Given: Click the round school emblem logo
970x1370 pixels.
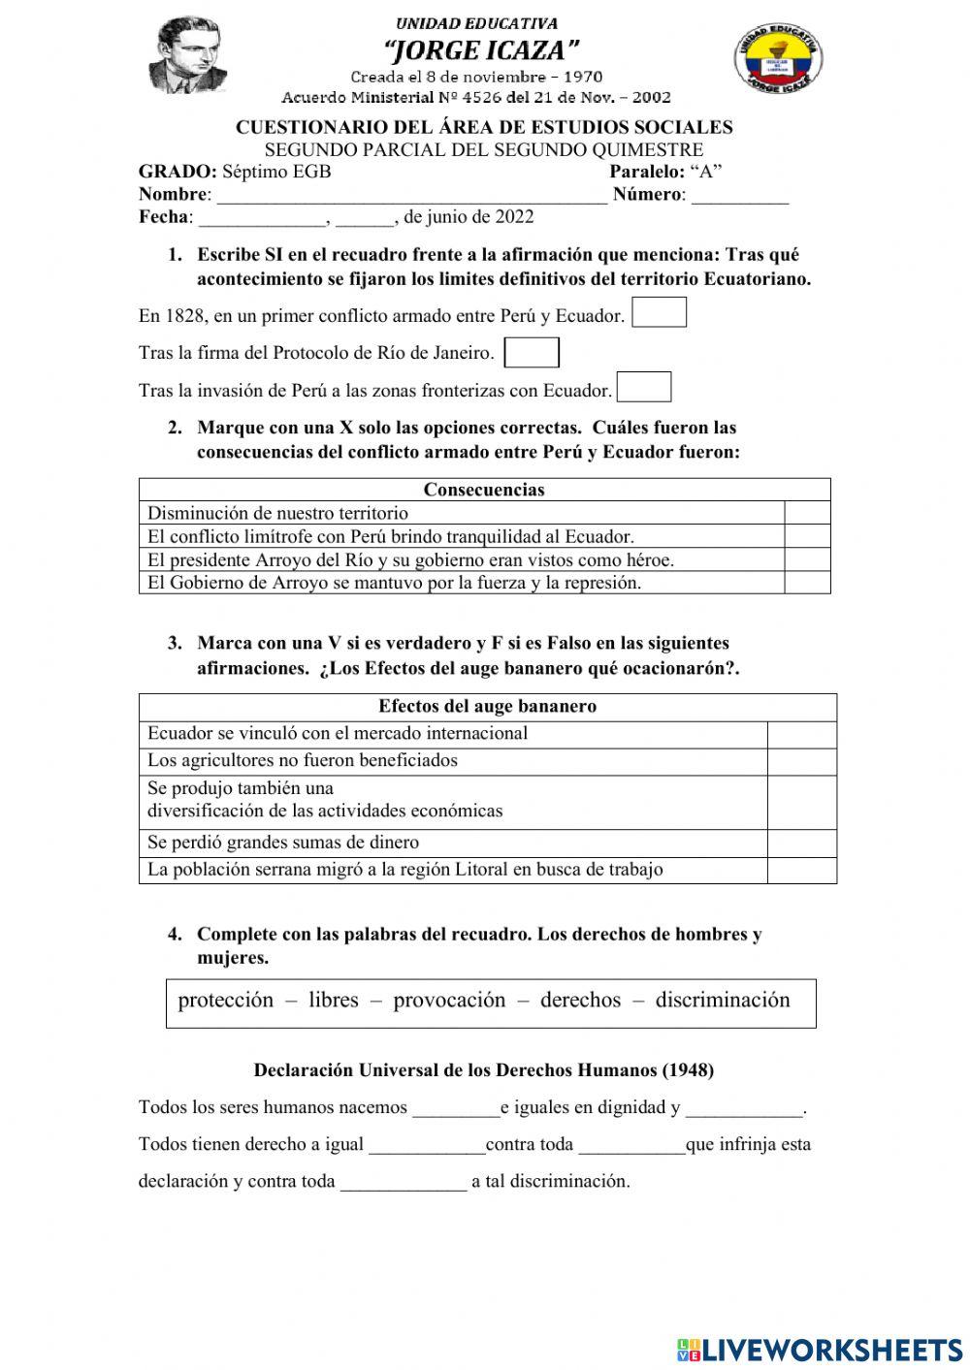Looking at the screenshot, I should pos(779,58).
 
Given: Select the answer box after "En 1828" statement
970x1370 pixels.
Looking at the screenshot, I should pos(659,313).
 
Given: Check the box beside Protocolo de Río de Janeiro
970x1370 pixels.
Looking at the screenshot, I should pos(532,352).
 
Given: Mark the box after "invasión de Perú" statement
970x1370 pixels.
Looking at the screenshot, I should pos(644,388).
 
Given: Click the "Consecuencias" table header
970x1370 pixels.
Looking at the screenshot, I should pos(484,490).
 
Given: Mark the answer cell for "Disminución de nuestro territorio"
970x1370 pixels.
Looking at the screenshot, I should pos(807,513).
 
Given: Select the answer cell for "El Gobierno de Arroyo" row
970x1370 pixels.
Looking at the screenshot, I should pos(807,583).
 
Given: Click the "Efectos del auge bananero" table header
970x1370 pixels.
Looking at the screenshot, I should pos(487,707).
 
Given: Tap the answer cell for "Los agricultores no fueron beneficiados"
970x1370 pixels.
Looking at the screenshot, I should pos(801,761).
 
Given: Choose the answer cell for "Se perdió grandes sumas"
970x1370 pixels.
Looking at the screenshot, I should pos(801,843).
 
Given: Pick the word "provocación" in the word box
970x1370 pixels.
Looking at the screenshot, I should pos(449,1001).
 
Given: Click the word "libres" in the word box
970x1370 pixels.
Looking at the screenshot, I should pos(333,1001).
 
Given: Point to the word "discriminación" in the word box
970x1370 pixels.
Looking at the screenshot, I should pos(723,1001).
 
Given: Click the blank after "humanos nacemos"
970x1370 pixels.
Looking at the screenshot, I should pos(455,1108).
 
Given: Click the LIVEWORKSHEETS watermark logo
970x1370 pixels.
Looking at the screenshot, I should pos(819,1349).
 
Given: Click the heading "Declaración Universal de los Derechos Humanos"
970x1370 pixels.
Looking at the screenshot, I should pos(483,1070).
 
